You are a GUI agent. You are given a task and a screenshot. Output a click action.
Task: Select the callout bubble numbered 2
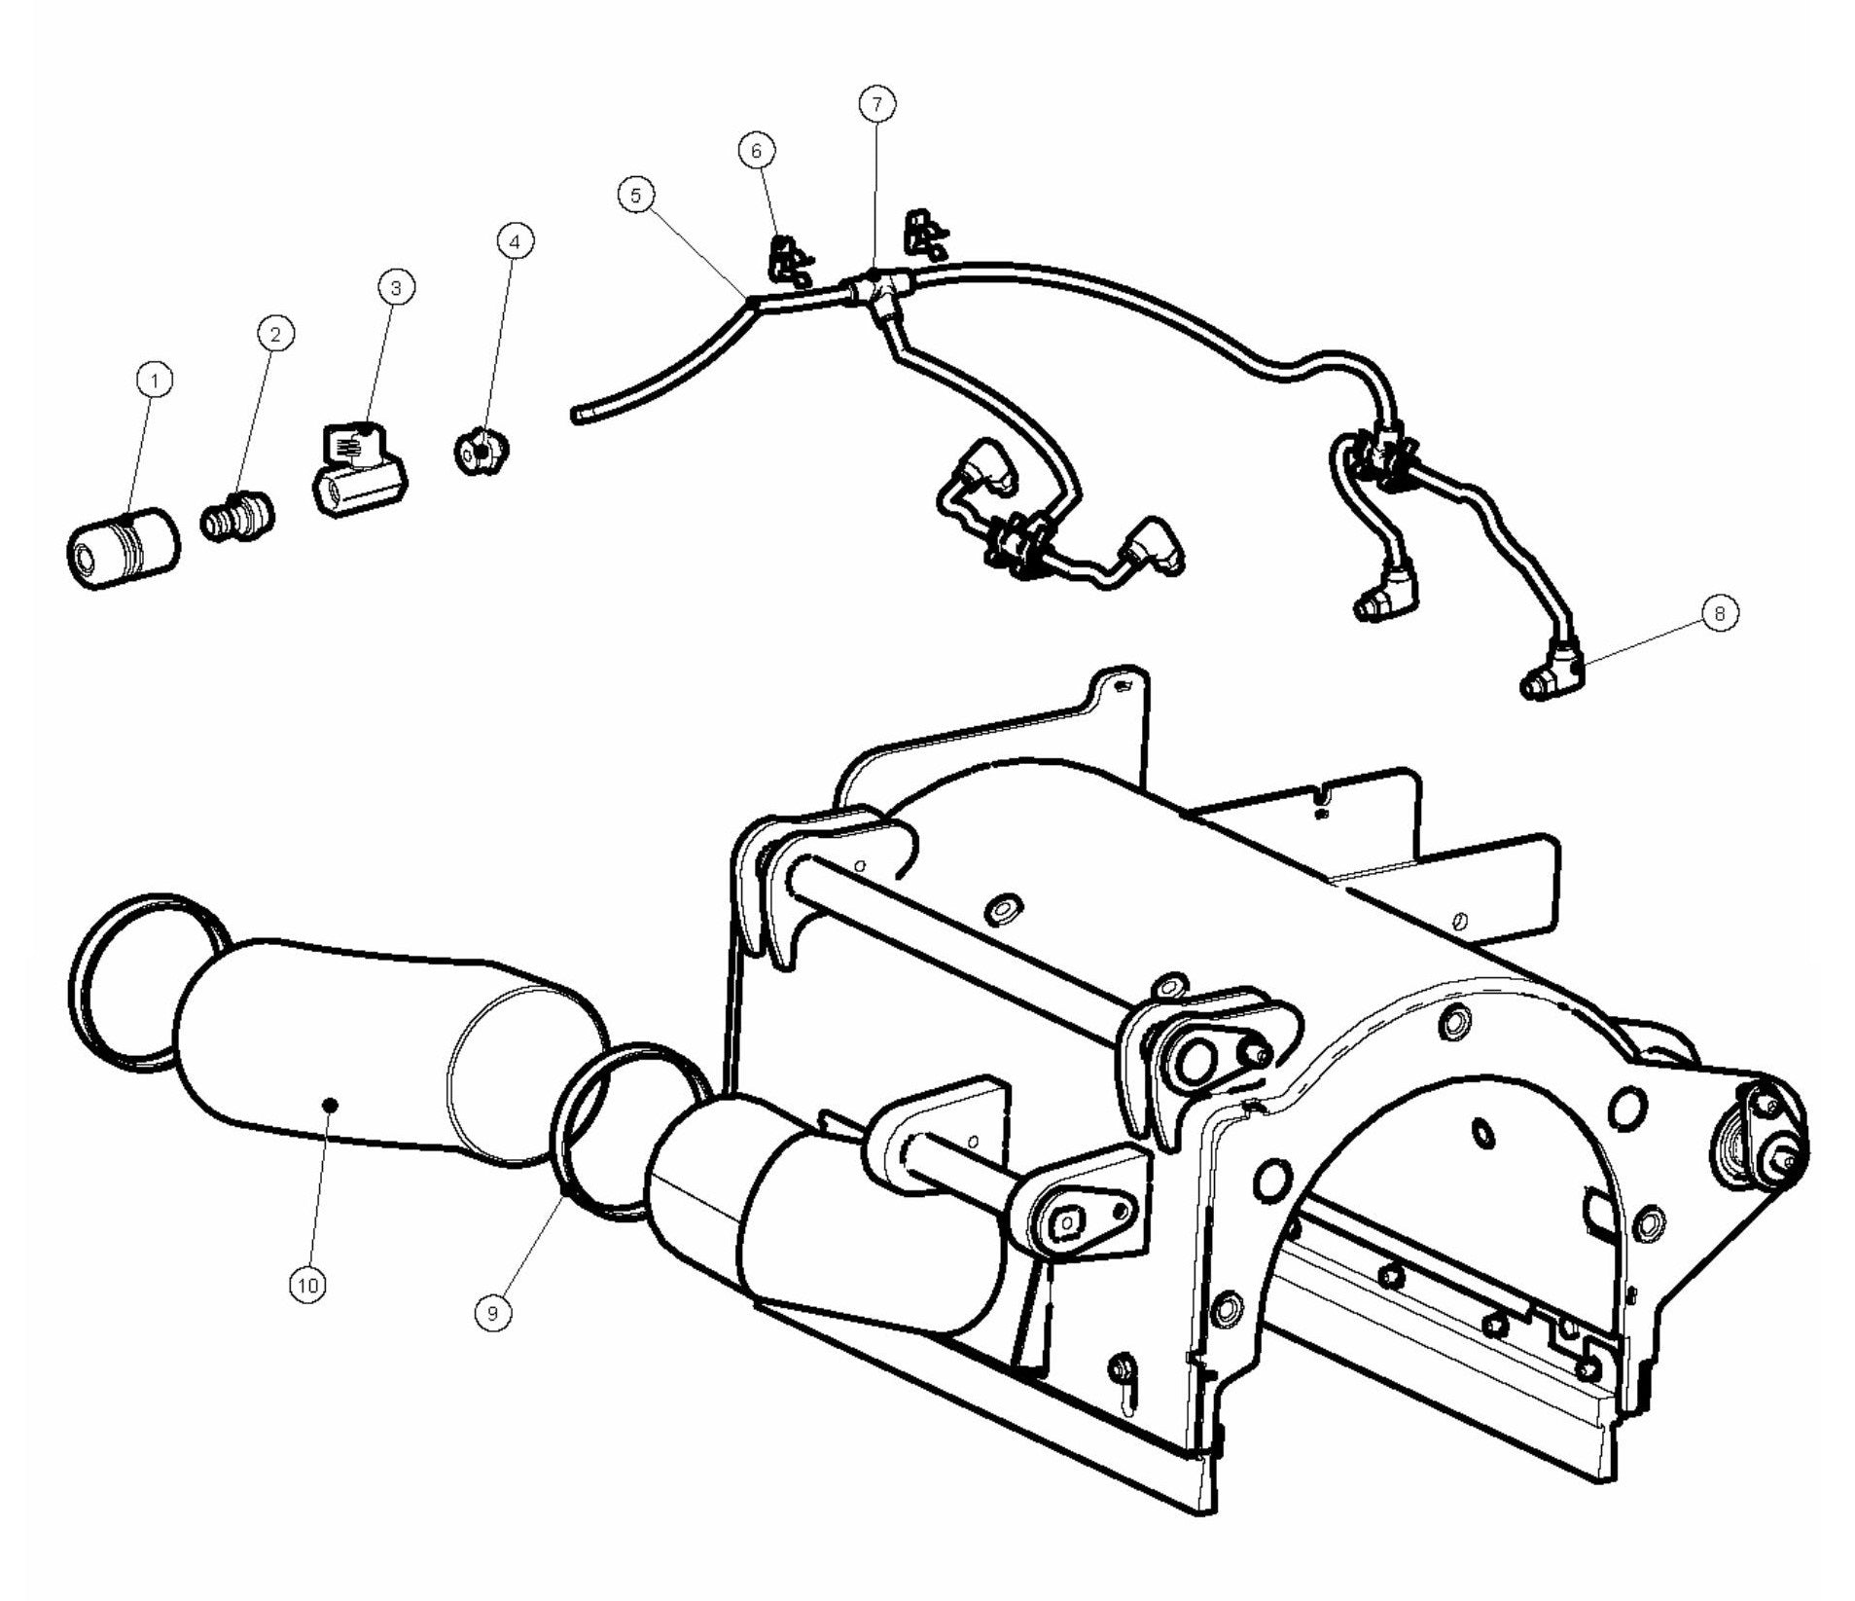[275, 334]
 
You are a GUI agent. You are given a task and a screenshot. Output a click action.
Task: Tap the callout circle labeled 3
[395, 287]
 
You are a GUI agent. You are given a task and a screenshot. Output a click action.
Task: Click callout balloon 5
[635, 195]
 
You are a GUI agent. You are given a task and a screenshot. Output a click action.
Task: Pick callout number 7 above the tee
[876, 102]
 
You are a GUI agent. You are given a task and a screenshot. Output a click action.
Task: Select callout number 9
[492, 1313]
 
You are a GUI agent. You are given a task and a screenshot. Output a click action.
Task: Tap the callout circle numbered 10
[308, 1285]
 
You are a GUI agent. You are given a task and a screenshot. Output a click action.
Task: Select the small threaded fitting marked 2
[237, 516]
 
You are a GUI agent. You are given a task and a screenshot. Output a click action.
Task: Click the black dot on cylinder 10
[330, 1104]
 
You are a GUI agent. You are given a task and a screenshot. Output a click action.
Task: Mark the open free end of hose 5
[576, 417]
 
